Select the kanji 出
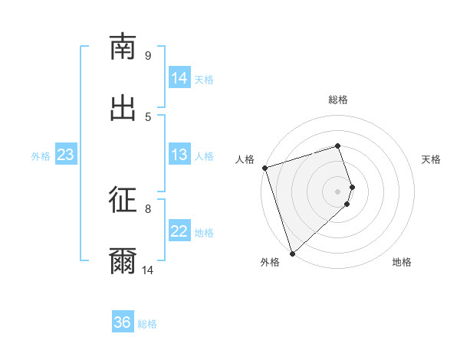point(123,107)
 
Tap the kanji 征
point(123,200)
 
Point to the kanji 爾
point(123,261)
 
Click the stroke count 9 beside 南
point(148,55)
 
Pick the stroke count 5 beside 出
point(148,116)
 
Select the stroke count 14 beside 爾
point(147,270)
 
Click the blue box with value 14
point(179,77)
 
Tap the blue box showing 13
point(179,155)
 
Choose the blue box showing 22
point(179,231)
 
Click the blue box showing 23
point(66,155)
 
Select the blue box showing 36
point(123,322)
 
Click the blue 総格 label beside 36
point(147,324)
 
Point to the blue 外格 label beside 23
point(41,156)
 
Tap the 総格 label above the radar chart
point(338,100)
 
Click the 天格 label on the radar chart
point(432,159)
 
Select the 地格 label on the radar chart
point(402,262)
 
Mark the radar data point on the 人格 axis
point(264,168)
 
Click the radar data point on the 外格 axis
point(291,253)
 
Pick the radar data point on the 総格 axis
point(337,146)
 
